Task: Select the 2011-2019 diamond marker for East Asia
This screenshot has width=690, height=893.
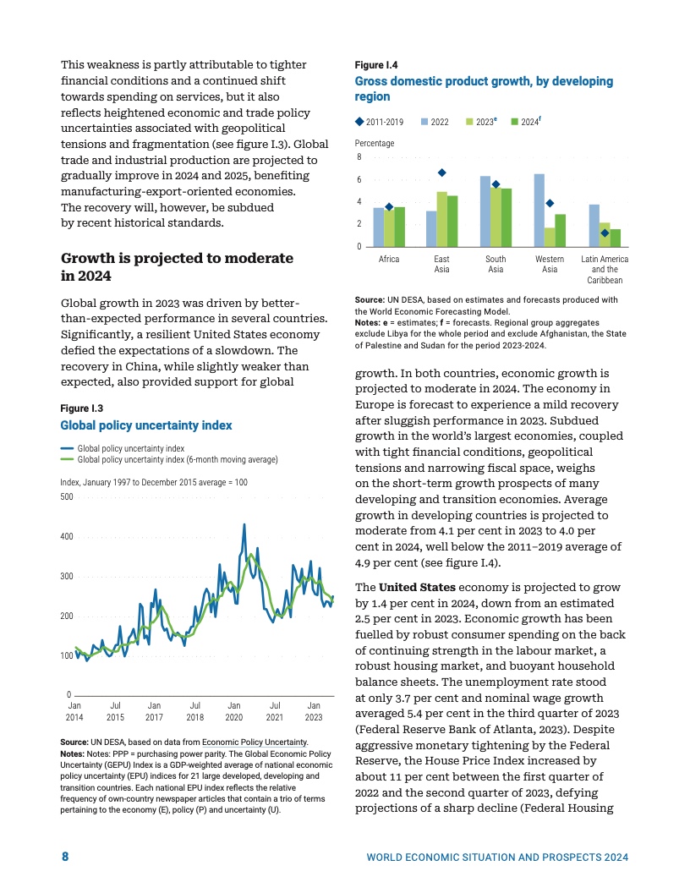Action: click(x=441, y=173)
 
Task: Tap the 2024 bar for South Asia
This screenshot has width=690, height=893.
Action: click(x=507, y=217)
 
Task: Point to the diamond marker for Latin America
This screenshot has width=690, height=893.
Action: click(x=605, y=233)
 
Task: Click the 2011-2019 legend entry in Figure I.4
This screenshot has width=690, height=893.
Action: click(x=379, y=122)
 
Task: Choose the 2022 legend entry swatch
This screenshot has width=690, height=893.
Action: click(x=424, y=122)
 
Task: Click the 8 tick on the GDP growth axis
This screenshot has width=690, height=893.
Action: click(x=359, y=157)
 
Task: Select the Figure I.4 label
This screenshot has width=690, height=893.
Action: click(x=376, y=65)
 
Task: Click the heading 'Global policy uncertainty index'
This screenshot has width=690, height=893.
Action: click(x=145, y=425)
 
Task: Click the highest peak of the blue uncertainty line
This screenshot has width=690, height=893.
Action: click(x=244, y=524)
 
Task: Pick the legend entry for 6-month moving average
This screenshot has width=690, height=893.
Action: click(x=178, y=459)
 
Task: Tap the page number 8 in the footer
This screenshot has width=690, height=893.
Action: click(x=65, y=857)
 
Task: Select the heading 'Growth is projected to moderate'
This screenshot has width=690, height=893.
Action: click(x=178, y=257)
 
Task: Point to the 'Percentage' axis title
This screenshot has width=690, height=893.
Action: click(x=375, y=144)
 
